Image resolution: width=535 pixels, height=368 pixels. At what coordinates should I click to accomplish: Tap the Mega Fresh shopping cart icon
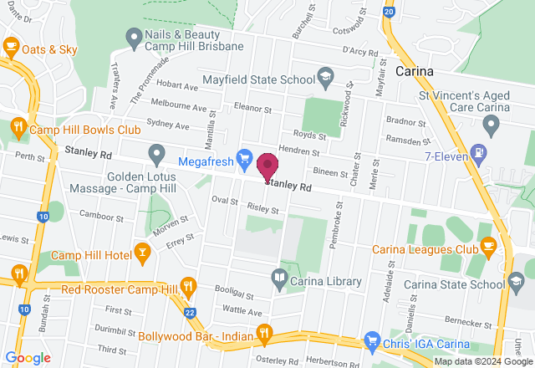(245, 157)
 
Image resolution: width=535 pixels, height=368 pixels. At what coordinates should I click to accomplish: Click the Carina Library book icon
(279, 277)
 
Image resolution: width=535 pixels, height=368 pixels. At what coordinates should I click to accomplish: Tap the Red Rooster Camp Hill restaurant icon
(189, 286)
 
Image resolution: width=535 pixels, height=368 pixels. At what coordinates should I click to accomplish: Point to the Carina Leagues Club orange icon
(488, 246)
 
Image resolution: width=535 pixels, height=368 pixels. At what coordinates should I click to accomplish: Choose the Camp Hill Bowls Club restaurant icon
(18, 127)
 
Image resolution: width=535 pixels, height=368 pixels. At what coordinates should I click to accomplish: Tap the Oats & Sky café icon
(11, 48)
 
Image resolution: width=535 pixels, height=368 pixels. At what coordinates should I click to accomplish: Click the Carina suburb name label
(415, 72)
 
